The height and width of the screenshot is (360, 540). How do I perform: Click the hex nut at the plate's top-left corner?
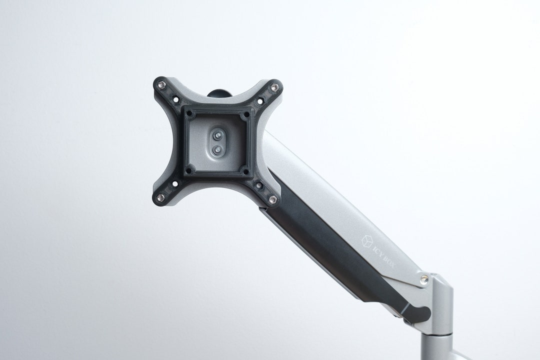[x=160, y=85]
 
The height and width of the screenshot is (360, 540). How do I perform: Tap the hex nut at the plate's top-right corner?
[x=274, y=88]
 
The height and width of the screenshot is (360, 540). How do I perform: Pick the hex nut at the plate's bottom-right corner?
[x=272, y=199]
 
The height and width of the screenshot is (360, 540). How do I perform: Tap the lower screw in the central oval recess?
[x=217, y=149]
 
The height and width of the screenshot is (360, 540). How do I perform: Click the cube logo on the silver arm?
[x=367, y=241]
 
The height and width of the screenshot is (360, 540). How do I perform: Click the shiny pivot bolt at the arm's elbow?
[x=424, y=279]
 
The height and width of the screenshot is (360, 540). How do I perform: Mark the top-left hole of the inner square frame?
[x=189, y=113]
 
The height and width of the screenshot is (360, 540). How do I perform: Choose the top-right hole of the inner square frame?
[x=245, y=114]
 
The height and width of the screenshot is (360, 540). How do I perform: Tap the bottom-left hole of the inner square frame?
[x=189, y=170]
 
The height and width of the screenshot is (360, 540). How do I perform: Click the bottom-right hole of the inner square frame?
[x=245, y=171]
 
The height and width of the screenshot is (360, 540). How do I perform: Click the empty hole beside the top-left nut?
[x=175, y=99]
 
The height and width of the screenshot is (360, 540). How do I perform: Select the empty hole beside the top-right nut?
[x=260, y=101]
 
